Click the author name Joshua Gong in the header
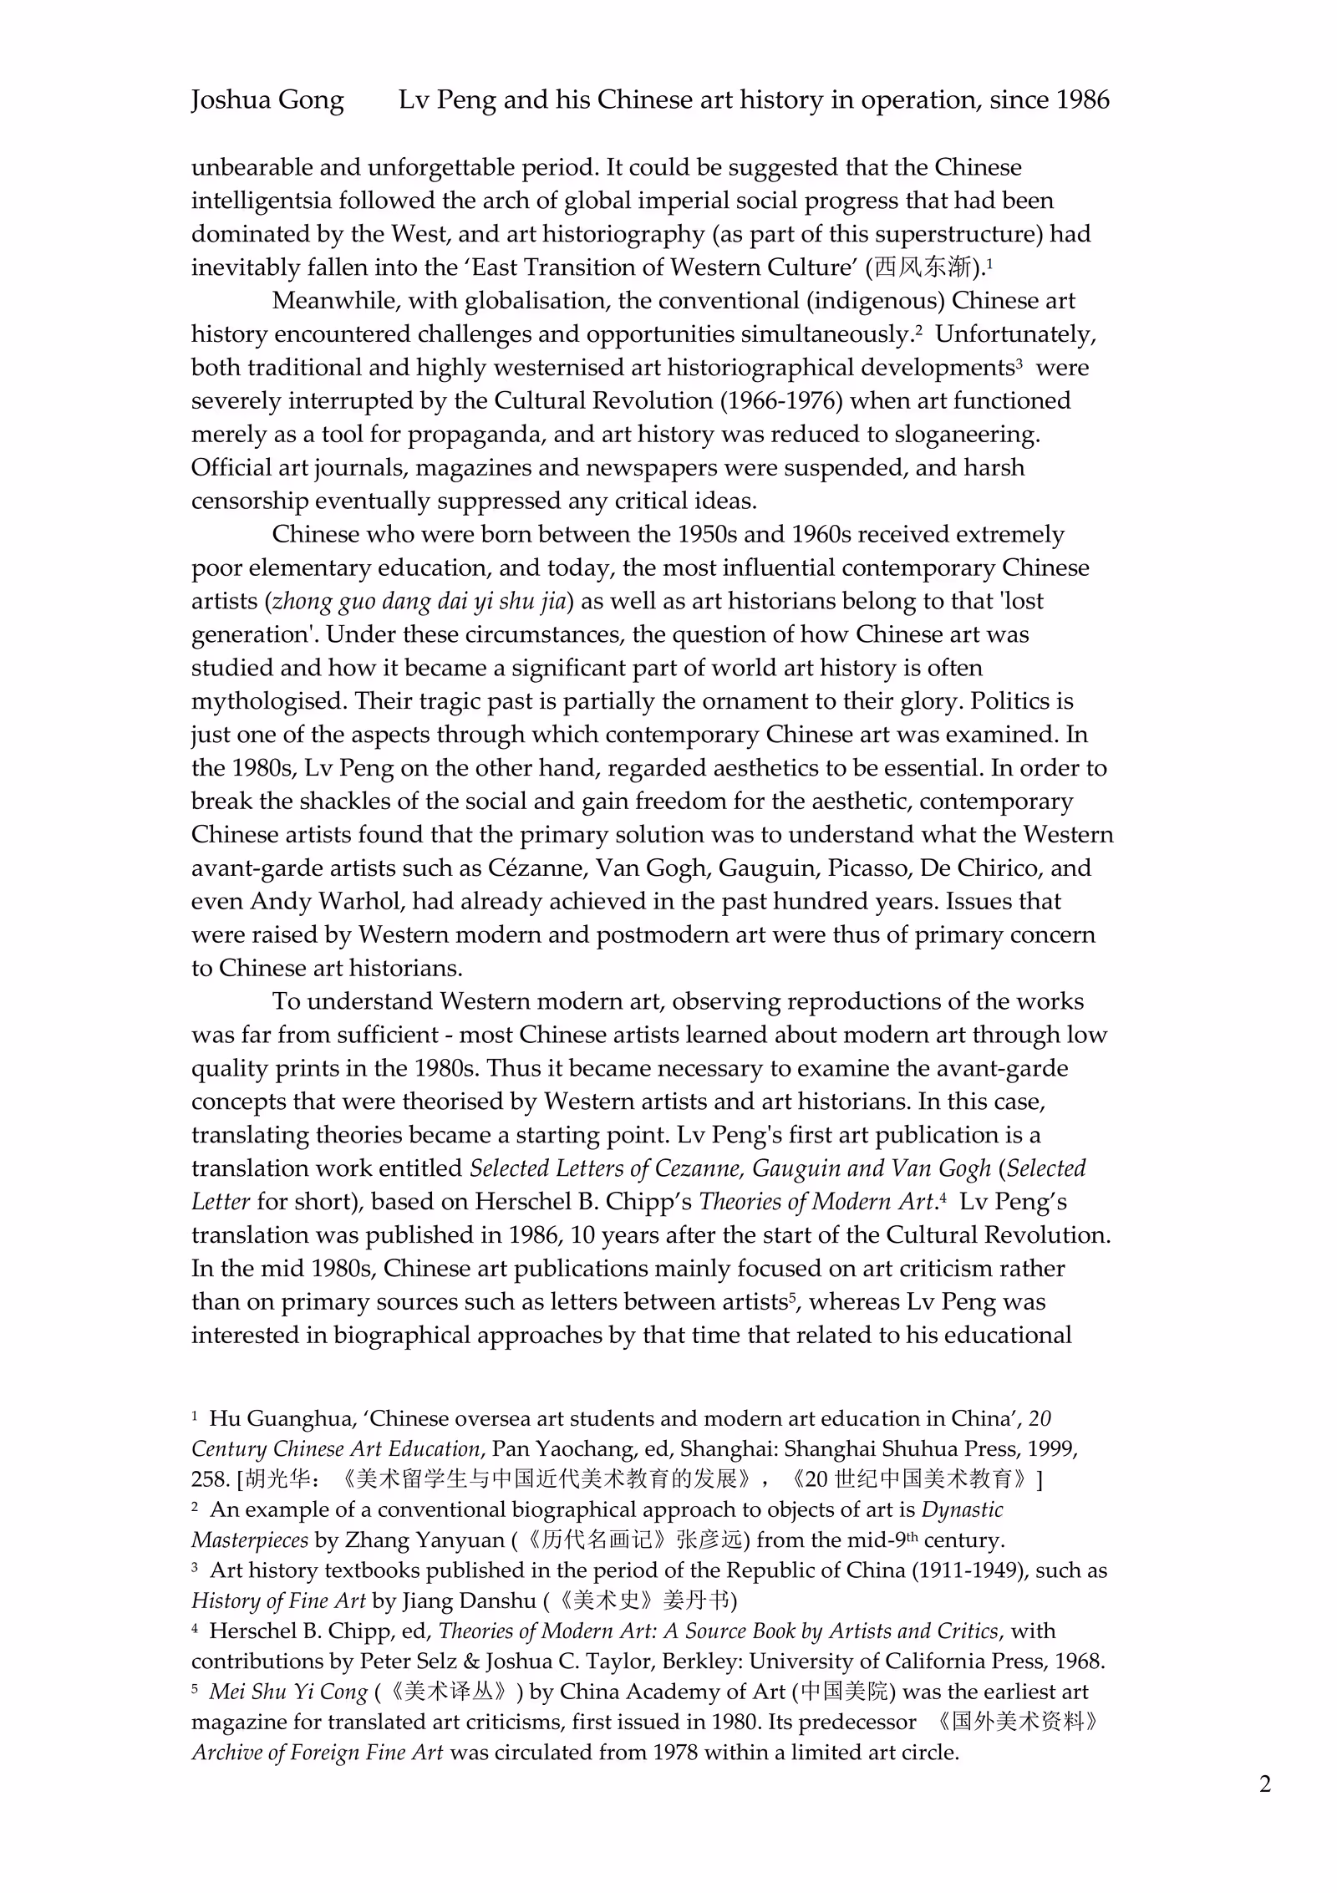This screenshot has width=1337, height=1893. pyautogui.click(x=267, y=100)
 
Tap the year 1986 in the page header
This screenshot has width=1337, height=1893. pyautogui.click(x=1082, y=100)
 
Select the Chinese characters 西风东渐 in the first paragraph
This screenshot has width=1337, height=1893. pyautogui.click(x=924, y=267)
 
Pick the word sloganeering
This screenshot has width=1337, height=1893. pyautogui.click(x=967, y=435)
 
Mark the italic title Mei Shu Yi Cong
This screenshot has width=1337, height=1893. pyautogui.click(x=288, y=1692)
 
